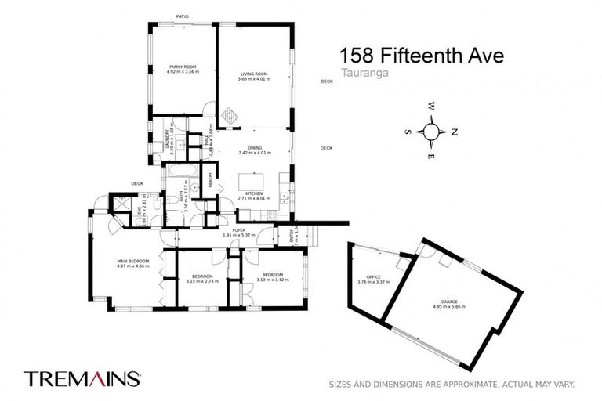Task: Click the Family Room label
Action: (x=183, y=67)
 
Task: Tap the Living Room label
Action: (x=255, y=74)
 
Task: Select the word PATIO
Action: (x=183, y=16)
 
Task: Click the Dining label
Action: (x=255, y=147)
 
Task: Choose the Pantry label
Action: (x=210, y=179)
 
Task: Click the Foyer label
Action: (x=228, y=229)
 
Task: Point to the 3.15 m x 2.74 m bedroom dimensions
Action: (x=201, y=280)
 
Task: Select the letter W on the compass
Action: (x=430, y=107)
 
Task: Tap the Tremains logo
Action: (x=82, y=379)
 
